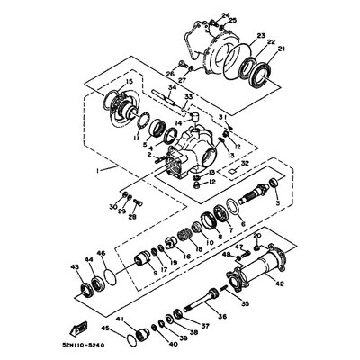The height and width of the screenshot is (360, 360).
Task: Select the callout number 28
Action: coord(133,217)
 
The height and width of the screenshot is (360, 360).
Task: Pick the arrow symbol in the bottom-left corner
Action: coord(81,329)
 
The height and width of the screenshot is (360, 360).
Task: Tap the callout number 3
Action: coord(275,205)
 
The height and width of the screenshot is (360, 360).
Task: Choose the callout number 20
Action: coord(256,236)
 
